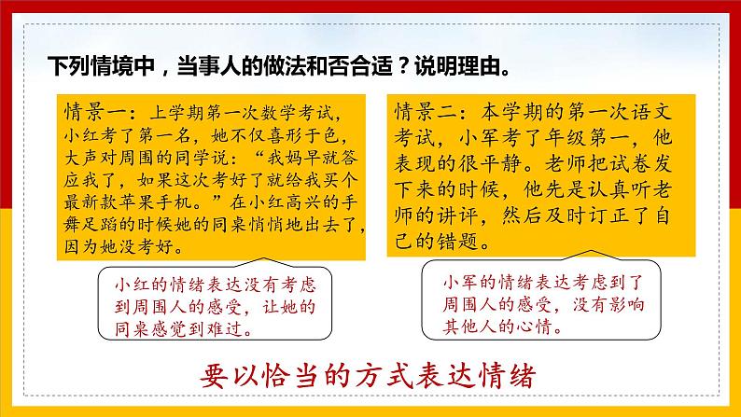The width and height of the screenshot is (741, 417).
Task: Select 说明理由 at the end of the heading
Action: click(x=456, y=66)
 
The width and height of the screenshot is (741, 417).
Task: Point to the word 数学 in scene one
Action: click(x=276, y=113)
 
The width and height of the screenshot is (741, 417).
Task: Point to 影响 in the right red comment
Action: click(x=628, y=305)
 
